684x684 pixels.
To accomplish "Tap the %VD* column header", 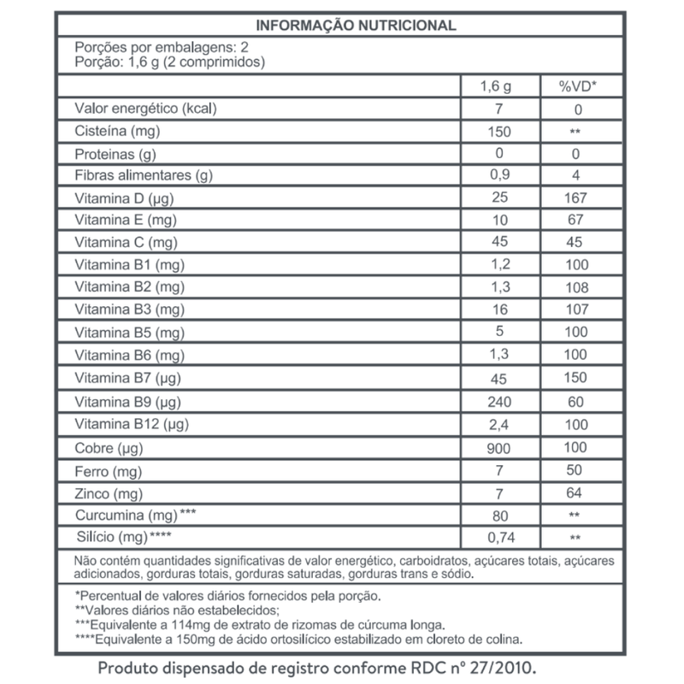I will [577, 87].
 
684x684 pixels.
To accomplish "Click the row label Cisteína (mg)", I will [118, 132].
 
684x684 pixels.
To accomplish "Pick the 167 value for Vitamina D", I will [577, 198].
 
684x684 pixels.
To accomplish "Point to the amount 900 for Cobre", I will [501, 447].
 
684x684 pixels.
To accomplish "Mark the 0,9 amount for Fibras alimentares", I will [501, 176].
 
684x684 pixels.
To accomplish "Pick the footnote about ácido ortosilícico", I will [299, 638].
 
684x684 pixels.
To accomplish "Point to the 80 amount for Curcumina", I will [501, 515].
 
